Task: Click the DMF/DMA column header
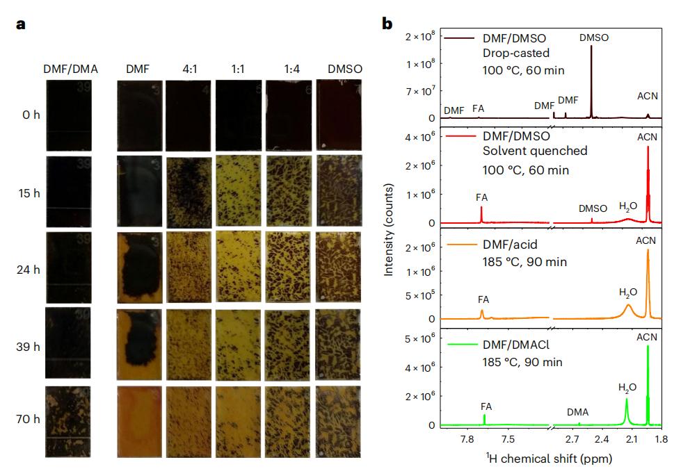70,69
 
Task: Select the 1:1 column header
238,69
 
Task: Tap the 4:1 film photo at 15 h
188,190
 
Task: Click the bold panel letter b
387,24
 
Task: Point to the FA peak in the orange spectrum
482,313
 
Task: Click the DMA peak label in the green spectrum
577,412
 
